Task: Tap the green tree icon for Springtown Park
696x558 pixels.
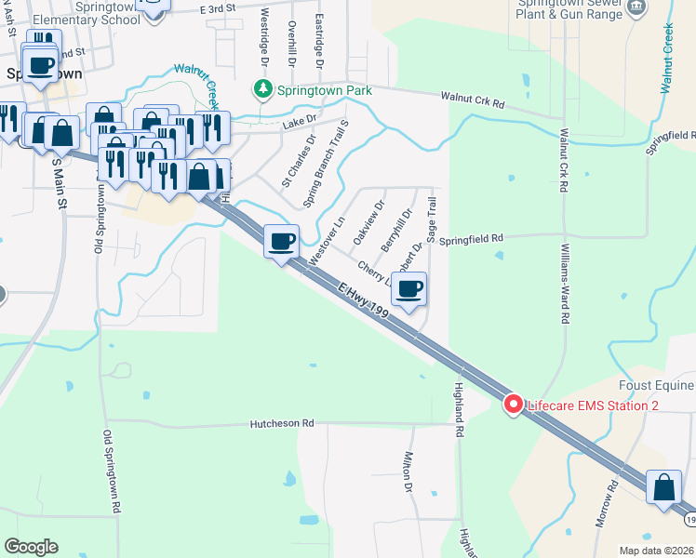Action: pos(263,89)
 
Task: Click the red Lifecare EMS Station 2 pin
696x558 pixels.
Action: pos(512,405)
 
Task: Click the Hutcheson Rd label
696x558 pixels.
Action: pos(282,423)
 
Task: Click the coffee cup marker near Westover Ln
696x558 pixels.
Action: pos(281,242)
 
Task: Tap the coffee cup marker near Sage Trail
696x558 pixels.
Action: pos(409,289)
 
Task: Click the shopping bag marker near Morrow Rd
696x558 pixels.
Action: pos(663,486)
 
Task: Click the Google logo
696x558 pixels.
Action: pos(31,547)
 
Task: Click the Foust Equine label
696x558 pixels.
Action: pos(656,385)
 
